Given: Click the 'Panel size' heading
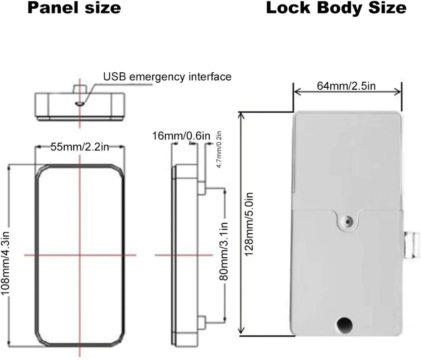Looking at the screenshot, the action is coord(74,8).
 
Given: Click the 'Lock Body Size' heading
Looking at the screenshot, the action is coord(336,9).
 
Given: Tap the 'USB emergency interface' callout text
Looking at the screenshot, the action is coord(167,77).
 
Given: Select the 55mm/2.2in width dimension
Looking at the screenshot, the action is coord(80,147).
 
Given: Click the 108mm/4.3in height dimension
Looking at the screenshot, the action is coord(6,263).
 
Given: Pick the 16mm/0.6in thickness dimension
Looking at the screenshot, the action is coord(181,136).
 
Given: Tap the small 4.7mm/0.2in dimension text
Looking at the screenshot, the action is coord(219,150).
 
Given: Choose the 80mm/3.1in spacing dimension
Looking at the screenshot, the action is coord(224,251).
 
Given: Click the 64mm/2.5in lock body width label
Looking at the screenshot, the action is coord(346,86).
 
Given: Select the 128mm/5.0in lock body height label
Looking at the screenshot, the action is coord(248,224).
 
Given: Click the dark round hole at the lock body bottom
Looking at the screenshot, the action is coord(344,325).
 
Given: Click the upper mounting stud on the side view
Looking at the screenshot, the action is coord(202,188).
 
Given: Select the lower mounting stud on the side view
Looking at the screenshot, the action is coord(202,322).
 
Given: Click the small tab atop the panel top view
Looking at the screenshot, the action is coord(80,89).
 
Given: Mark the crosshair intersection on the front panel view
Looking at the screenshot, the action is coord(80,255).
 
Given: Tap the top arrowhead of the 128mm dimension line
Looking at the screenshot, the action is coord(241,116).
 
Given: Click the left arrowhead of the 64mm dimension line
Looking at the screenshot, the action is coord(297,92).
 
